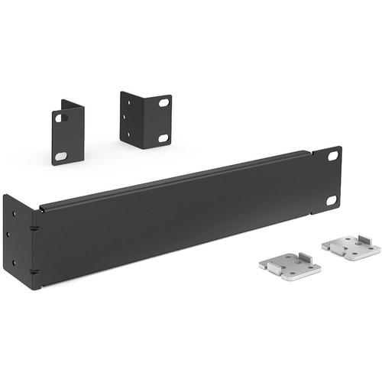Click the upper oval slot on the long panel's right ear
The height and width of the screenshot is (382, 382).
[x=332, y=156]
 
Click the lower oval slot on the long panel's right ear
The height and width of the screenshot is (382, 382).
[x=332, y=200]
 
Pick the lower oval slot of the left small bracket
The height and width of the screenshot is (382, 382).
[x=60, y=156]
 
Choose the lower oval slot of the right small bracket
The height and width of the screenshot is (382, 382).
[x=163, y=138]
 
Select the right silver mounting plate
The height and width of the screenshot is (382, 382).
[x=349, y=247]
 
